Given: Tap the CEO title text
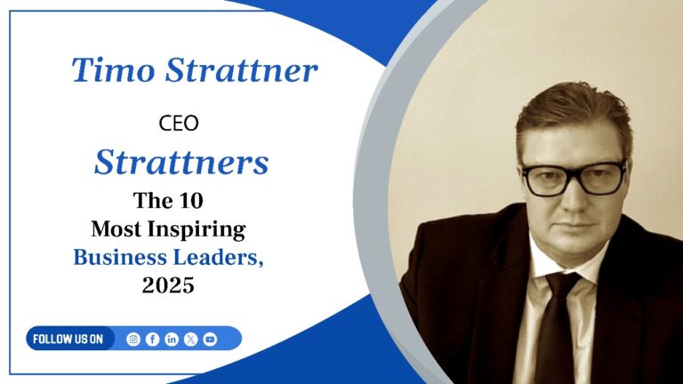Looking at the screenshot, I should pos(179,124).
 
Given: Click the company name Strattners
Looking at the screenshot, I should pos(181,162).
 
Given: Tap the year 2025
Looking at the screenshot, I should pos(168,286).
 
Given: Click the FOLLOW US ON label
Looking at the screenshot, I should pos(68,339).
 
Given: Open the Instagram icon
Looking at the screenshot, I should pos(133,339).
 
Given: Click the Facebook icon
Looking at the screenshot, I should pos(152,339).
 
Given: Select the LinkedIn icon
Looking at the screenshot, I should pos(172,339).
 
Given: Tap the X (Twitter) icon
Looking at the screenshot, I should pos(190,339).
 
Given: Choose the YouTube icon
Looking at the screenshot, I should pos(210,339).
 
